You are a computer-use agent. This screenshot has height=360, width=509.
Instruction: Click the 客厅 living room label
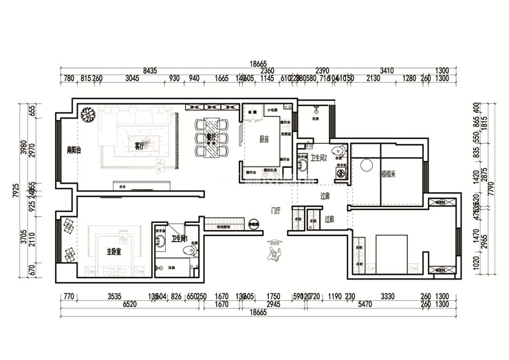[139, 145]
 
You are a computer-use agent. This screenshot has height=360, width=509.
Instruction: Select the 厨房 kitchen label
[263, 139]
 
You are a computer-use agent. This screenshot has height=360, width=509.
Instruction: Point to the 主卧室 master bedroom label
[114, 251]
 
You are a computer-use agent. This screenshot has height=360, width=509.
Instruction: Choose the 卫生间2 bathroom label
[319, 158]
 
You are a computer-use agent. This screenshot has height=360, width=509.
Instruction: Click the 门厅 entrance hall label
[275, 210]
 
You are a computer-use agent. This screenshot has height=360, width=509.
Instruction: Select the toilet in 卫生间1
[193, 251]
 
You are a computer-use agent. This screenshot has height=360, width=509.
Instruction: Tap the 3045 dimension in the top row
[133, 78]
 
